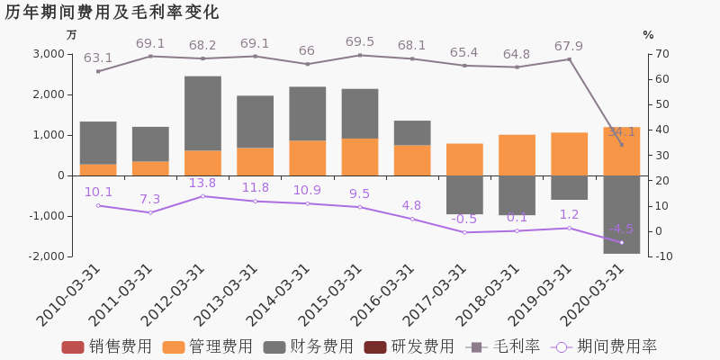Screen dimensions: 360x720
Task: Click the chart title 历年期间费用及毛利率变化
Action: [112, 13]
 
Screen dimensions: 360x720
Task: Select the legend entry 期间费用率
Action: [605, 346]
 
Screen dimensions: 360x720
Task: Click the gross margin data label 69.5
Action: [360, 42]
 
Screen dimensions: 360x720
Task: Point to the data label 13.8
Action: [202, 184]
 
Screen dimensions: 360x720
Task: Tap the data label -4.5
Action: [621, 229]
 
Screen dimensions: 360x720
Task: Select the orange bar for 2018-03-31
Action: [517, 155]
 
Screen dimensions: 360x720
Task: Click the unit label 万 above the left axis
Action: [72, 35]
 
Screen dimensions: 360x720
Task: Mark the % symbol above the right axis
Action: [648, 35]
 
